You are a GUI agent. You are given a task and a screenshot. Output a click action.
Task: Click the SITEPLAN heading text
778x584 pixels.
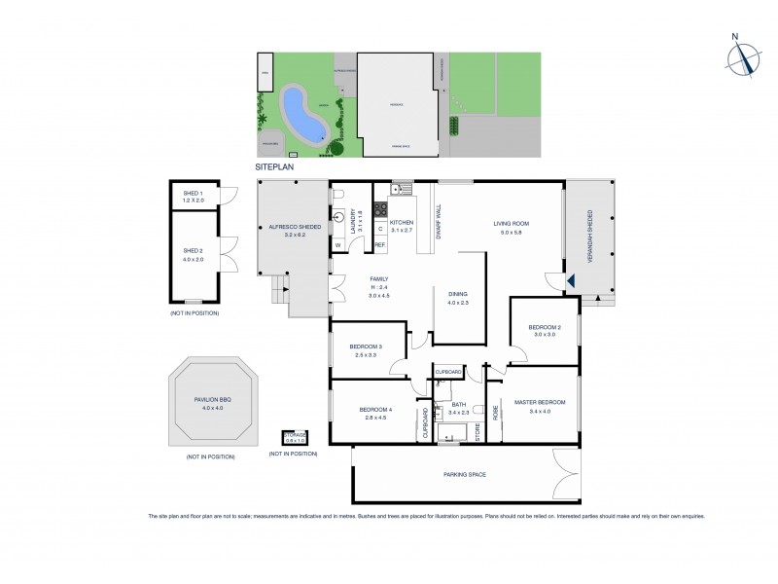click(273, 167)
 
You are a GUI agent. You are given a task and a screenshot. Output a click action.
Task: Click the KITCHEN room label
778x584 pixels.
click(402, 223)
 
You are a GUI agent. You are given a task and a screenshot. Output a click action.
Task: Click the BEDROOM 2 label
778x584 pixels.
click(544, 326)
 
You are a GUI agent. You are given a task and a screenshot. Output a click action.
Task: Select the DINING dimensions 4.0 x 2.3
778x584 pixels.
click(458, 303)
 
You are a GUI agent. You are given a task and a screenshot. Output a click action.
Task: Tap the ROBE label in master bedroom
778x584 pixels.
click(494, 411)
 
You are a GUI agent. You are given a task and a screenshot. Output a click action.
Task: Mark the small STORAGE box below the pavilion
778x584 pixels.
click(295, 437)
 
